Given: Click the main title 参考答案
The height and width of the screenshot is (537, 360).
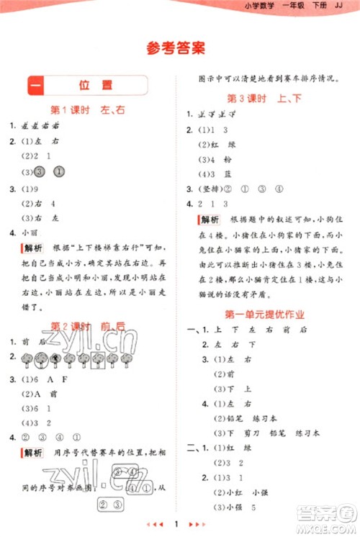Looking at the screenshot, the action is [x=175, y=49].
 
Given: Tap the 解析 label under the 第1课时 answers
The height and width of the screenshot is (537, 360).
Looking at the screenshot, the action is [x=32, y=248].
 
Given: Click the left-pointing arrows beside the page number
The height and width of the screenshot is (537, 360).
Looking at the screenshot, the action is [x=154, y=520].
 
